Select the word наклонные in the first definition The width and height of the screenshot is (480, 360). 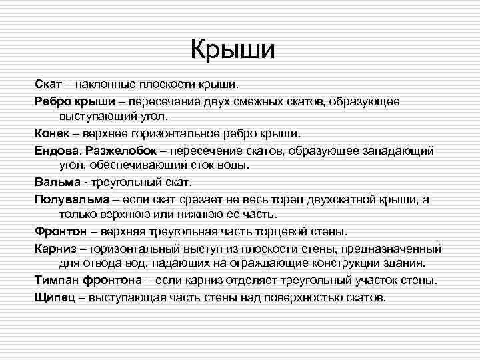tap(105, 84)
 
